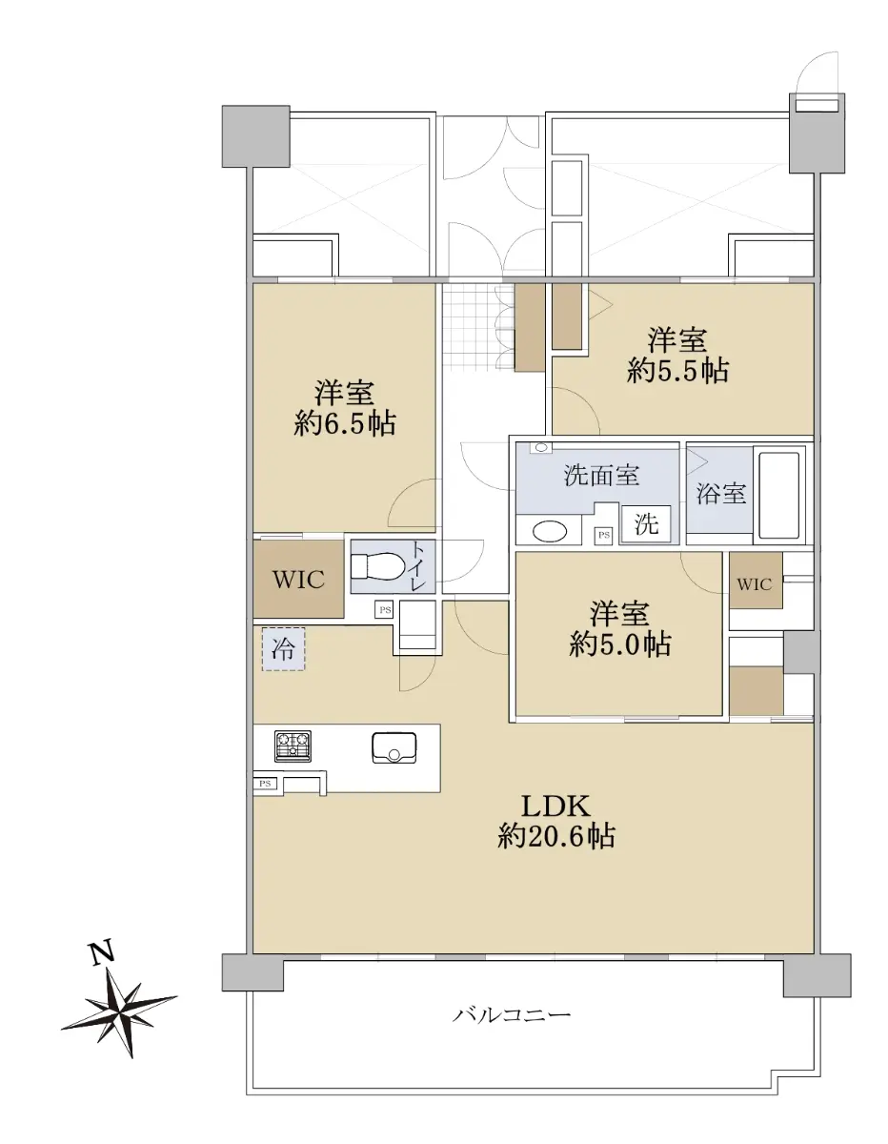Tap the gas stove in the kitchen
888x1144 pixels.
[293, 746]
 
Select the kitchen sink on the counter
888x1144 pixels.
[394, 747]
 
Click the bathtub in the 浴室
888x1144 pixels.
[779, 496]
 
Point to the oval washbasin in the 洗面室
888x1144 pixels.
[550, 531]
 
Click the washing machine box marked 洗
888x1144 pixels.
[646, 523]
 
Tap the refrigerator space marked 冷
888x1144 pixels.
[284, 649]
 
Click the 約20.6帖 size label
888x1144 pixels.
[556, 836]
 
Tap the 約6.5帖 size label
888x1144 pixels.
[345, 423]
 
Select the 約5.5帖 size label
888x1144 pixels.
[677, 371]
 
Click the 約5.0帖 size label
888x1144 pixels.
[619, 643]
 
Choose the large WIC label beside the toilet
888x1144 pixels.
[298, 580]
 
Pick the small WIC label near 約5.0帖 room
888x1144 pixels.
[755, 583]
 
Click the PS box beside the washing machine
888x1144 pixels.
[604, 536]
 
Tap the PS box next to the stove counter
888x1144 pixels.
[265, 784]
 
